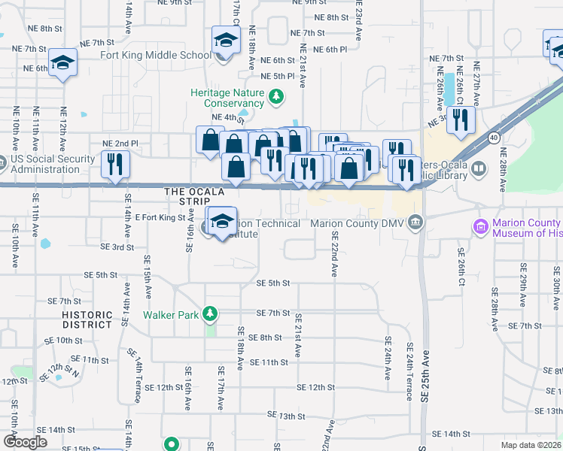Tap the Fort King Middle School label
click(x=156, y=55)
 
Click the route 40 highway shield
click(x=494, y=138)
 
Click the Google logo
click(x=25, y=442)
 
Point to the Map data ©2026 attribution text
click(x=531, y=445)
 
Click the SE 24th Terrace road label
click(x=409, y=368)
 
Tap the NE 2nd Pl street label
click(x=115, y=143)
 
